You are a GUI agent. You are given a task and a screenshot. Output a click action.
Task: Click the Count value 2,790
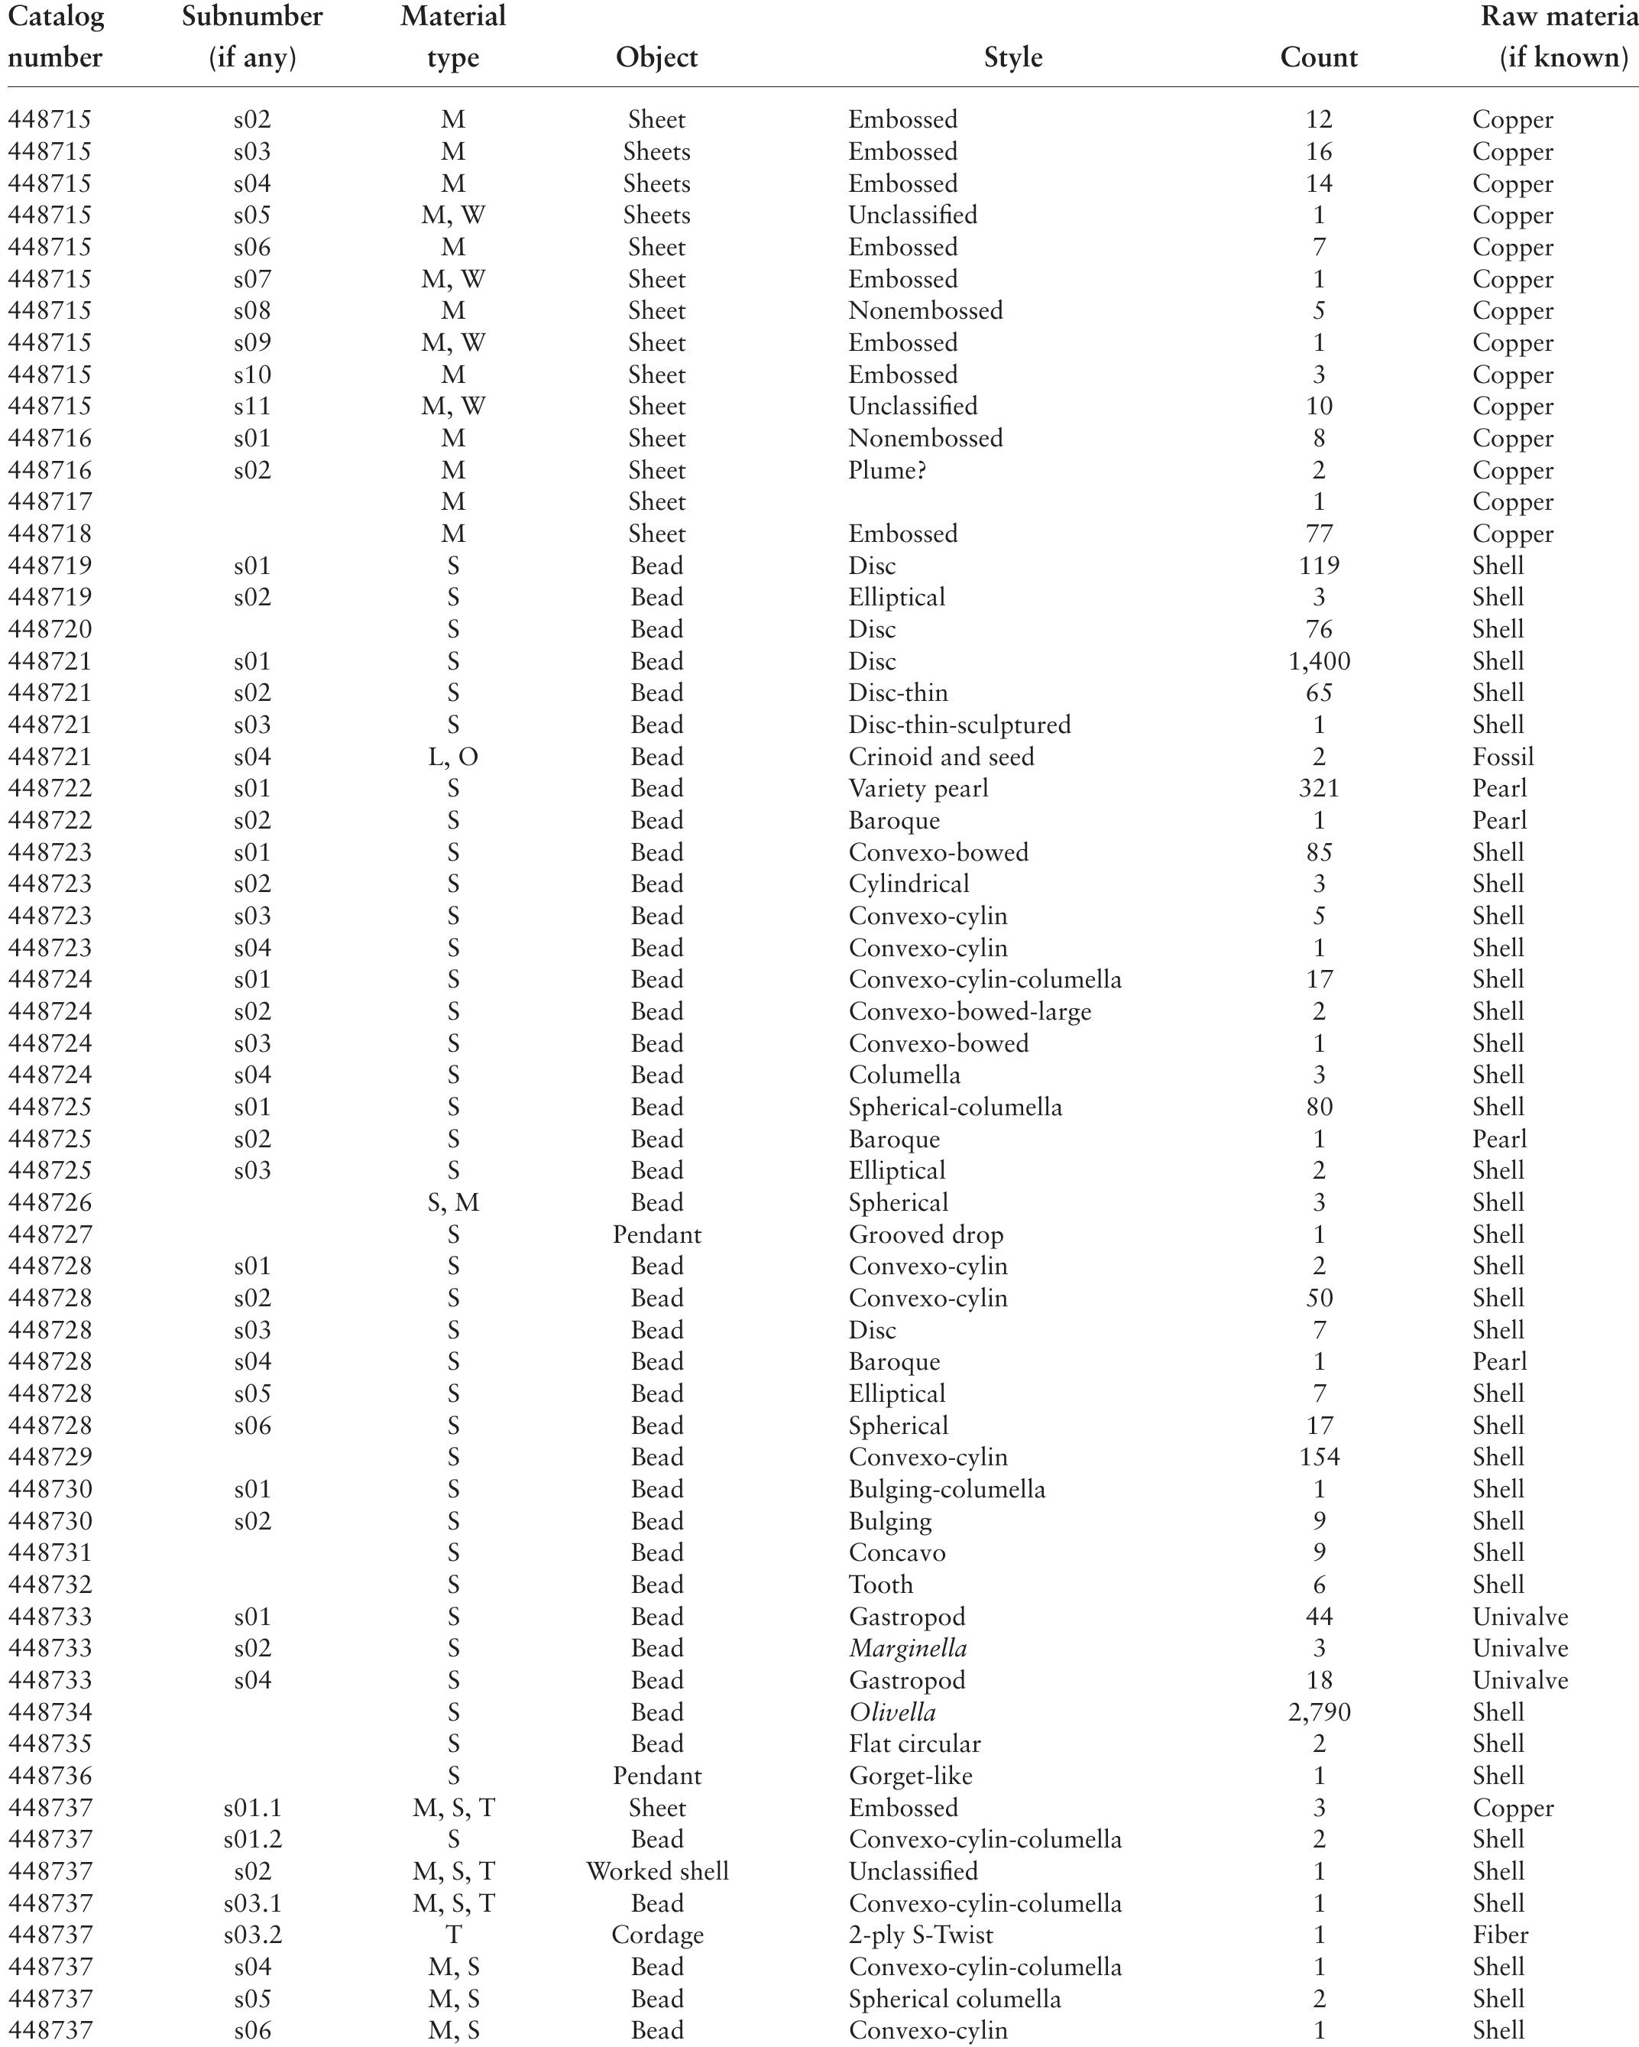[x=1318, y=1712]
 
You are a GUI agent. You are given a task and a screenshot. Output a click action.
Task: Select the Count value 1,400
[x=1318, y=661]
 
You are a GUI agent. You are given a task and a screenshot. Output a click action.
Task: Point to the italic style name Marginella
[x=907, y=1648]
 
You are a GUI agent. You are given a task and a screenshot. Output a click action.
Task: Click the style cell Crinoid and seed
[x=941, y=757]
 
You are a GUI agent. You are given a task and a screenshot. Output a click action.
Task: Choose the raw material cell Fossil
[x=1502, y=757]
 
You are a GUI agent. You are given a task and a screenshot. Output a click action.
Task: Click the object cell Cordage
[x=656, y=1935]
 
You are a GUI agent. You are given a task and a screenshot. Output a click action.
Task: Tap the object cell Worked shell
[x=656, y=1871]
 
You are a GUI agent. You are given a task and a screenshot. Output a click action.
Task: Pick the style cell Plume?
[x=886, y=470]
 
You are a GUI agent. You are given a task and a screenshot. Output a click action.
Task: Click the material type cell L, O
[x=452, y=757]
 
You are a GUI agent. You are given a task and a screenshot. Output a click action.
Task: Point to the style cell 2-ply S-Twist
[x=921, y=1935]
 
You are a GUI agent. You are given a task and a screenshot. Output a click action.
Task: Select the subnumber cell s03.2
[x=252, y=1935]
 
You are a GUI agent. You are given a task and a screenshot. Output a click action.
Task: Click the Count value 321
[x=1318, y=788]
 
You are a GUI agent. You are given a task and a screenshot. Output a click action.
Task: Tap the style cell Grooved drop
[x=925, y=1234]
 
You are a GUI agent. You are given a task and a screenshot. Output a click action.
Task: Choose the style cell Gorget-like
[x=910, y=1776]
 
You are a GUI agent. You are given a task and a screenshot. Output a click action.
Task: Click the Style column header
[x=1012, y=57]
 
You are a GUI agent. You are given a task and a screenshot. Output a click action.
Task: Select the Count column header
[x=1318, y=57]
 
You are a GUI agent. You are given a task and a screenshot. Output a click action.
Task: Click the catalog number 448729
[x=50, y=1456]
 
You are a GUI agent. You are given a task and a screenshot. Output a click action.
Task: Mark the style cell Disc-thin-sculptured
[x=958, y=725]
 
